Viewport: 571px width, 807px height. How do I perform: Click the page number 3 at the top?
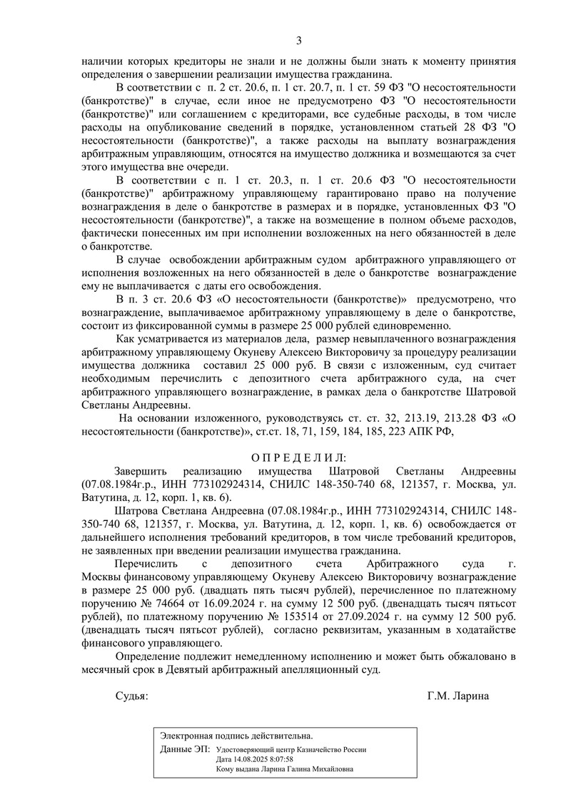[x=300, y=40]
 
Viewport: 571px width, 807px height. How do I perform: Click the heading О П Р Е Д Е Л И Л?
[x=298, y=457]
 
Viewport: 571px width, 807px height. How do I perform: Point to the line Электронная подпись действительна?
[x=236, y=736]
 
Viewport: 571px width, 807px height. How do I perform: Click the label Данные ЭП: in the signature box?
[x=185, y=750]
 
